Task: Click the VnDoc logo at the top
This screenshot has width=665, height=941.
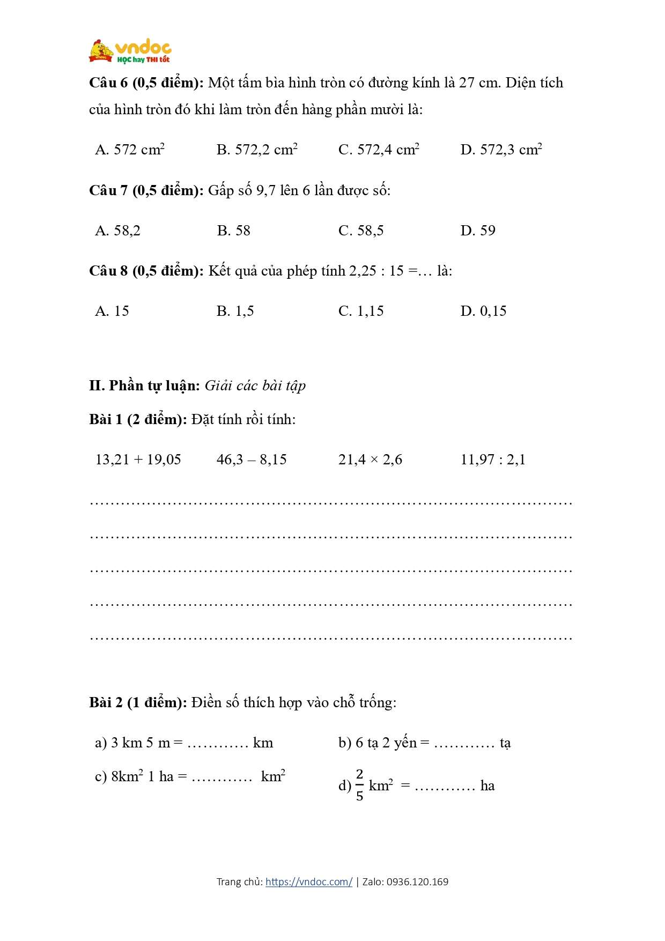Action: click(130, 52)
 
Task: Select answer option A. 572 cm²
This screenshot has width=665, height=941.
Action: click(130, 150)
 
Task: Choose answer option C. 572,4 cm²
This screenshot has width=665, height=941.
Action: click(379, 150)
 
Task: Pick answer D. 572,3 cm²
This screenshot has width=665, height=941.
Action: click(501, 150)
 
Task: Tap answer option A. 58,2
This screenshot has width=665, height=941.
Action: click(118, 231)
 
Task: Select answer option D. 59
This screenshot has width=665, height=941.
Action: click(478, 231)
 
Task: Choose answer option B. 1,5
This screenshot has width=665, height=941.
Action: click(235, 311)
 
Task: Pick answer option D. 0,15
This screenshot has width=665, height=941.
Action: click(483, 311)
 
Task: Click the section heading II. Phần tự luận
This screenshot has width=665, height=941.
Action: click(144, 386)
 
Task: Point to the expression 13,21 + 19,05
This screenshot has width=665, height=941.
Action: click(138, 460)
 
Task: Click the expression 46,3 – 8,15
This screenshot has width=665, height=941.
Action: click(252, 460)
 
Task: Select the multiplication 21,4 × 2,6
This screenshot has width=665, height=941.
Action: click(370, 460)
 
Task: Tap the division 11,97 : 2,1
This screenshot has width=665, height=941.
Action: click(493, 460)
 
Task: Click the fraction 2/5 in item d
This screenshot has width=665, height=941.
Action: click(359, 785)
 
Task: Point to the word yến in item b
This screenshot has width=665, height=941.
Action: click(405, 743)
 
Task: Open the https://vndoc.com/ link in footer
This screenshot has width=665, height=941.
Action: click(309, 882)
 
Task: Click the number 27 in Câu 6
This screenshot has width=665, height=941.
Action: click(467, 83)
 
